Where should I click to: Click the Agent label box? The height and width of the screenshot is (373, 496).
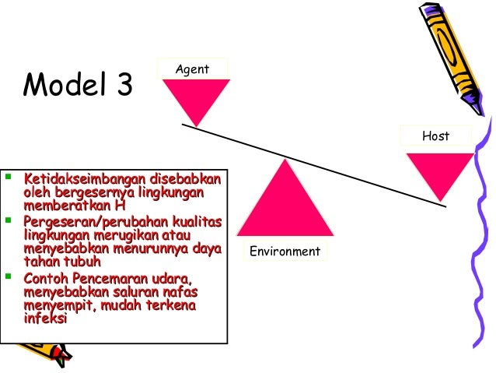click(192, 69)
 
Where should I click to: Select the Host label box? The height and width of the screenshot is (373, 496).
click(435, 135)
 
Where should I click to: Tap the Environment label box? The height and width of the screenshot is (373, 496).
click(285, 251)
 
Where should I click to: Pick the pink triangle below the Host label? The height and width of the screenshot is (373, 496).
click(439, 171)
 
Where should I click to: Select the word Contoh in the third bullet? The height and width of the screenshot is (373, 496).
click(45, 278)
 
